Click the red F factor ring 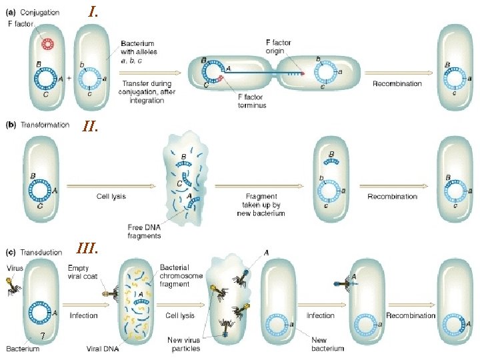(x=48, y=44)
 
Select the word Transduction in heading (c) (x=41, y=252)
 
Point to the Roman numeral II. (x=91, y=125)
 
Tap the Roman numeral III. (x=87, y=249)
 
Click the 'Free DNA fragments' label (x=145, y=230)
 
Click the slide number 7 (x=41, y=335)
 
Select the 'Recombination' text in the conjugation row (x=397, y=83)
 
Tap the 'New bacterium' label (x=327, y=344)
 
